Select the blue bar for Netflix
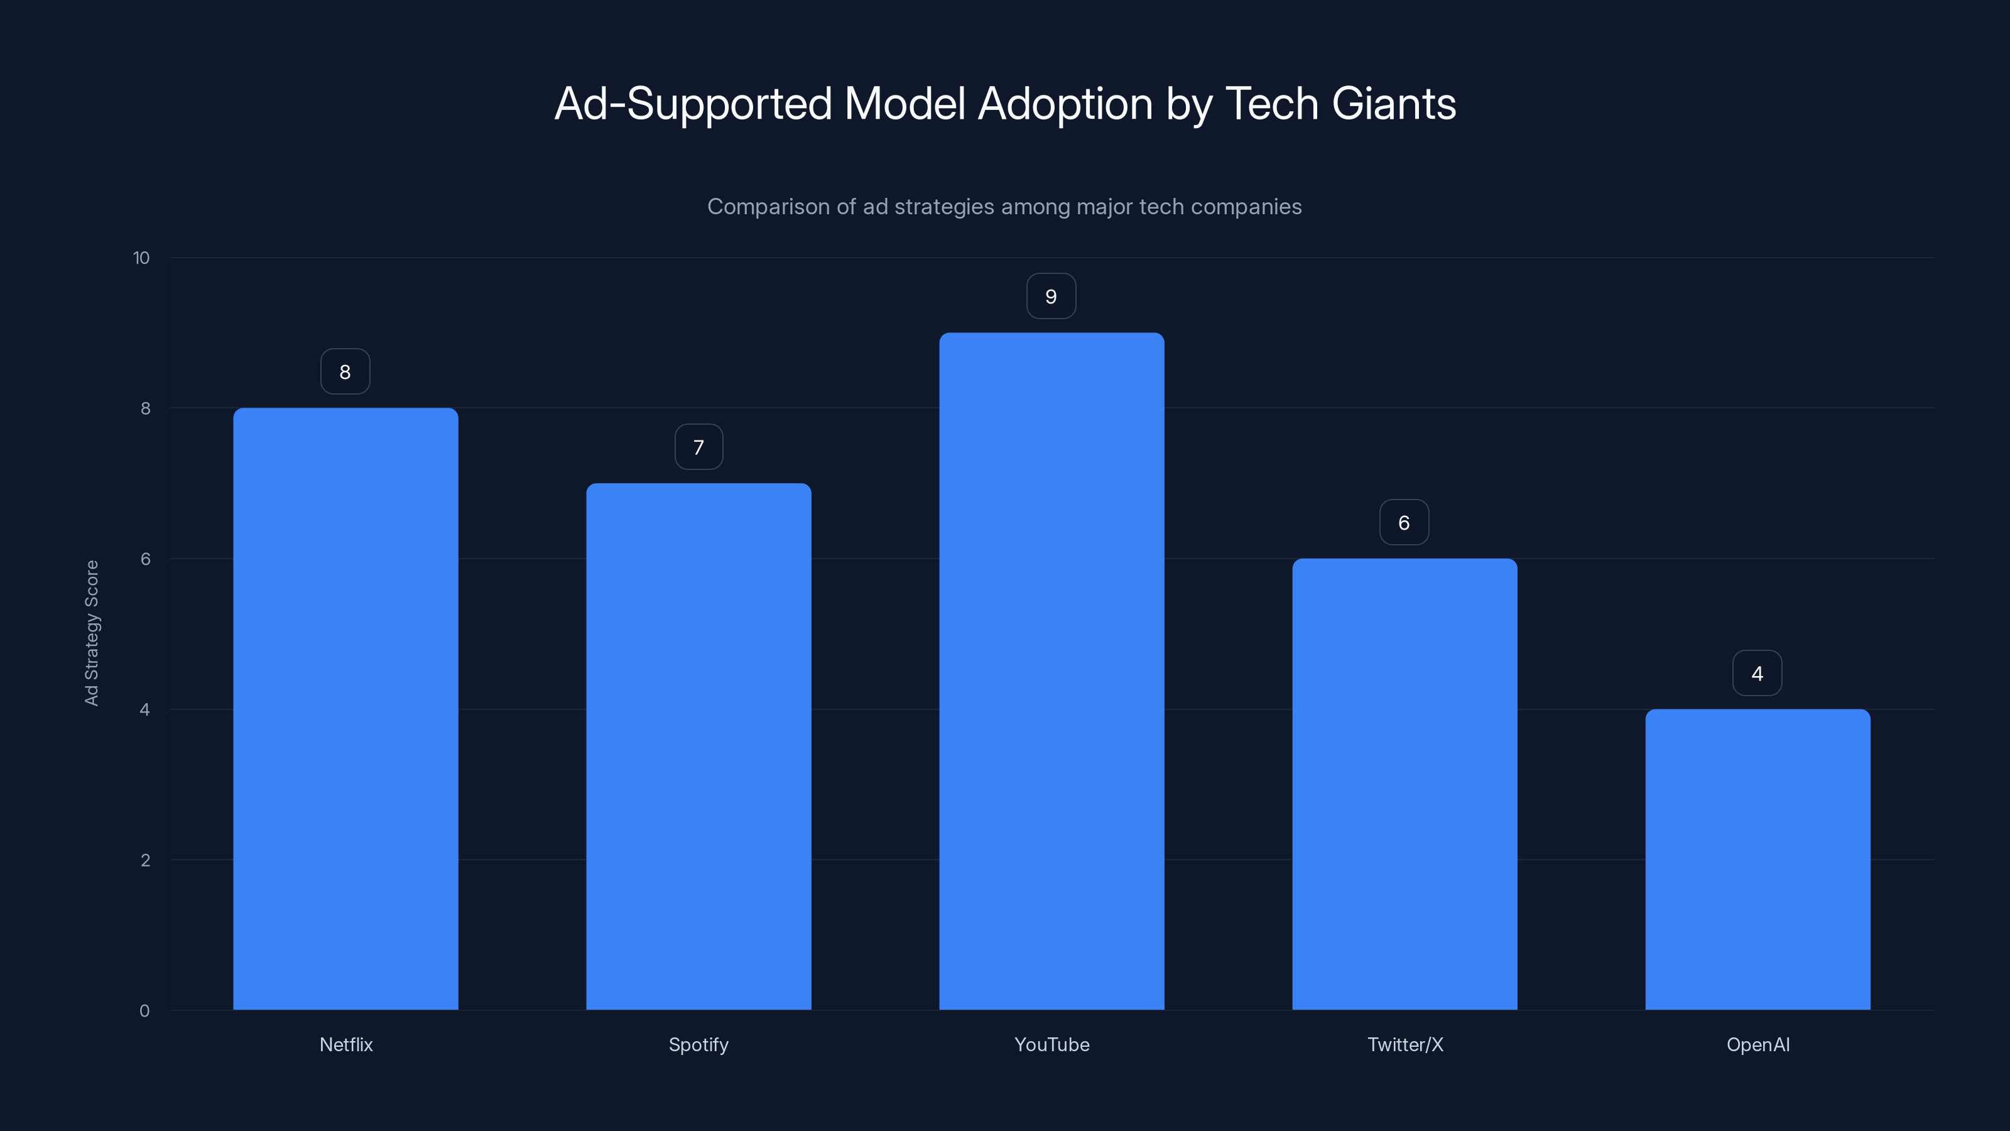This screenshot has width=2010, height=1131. [x=345, y=709]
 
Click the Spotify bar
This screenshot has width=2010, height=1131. [x=698, y=746]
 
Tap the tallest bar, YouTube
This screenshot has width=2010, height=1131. [x=1051, y=671]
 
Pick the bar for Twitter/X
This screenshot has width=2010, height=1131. [x=1404, y=784]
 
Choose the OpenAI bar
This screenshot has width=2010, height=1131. [x=1757, y=860]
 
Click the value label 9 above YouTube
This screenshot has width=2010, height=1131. [x=1051, y=297]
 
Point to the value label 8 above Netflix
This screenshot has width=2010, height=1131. [x=345, y=371]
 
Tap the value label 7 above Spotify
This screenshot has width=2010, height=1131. [x=698, y=447]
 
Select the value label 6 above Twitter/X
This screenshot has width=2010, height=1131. [x=1404, y=522]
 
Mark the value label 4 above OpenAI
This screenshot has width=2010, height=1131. [x=1757, y=673]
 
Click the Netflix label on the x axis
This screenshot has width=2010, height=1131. [x=345, y=1044]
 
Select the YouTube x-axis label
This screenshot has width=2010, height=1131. [x=1051, y=1044]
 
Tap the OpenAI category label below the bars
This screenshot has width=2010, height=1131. [x=1758, y=1044]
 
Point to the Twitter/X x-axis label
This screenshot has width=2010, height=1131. [x=1405, y=1044]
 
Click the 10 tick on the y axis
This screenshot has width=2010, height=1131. [x=141, y=258]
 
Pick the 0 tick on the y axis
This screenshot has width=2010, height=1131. [x=144, y=1011]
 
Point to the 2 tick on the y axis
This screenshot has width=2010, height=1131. [x=145, y=860]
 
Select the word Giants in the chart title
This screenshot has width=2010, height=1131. [x=1394, y=104]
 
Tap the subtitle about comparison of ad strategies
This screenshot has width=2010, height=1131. [x=1004, y=207]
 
